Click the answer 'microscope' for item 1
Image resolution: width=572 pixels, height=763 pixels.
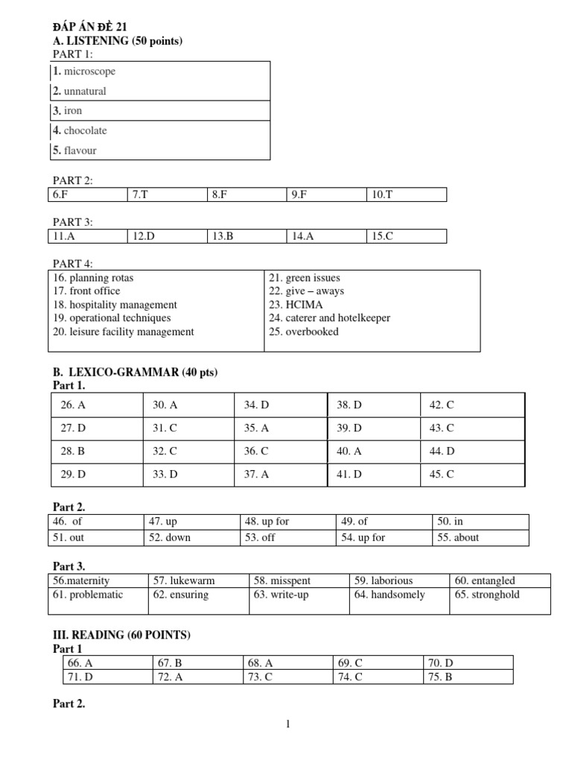(89, 72)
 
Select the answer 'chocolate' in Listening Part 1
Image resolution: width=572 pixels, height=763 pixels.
(85, 130)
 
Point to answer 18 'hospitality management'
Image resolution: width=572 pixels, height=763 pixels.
(115, 305)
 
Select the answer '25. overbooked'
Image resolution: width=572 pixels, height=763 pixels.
(303, 332)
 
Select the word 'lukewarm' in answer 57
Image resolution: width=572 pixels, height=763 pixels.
(206, 580)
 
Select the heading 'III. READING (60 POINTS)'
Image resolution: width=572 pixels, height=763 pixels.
(121, 635)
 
